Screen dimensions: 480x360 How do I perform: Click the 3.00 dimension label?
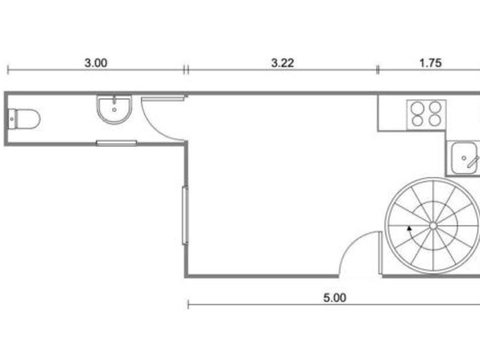click(96, 63)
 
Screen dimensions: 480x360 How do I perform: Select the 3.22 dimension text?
click(282, 63)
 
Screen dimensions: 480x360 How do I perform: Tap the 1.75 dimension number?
click(430, 63)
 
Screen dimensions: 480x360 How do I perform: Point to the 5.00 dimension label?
click(335, 298)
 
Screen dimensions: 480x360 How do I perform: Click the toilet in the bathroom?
click(24, 119)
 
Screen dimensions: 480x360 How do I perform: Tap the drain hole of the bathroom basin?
click(114, 110)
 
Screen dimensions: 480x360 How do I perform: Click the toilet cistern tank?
click(11, 119)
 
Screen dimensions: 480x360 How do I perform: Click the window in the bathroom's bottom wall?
click(117, 143)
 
